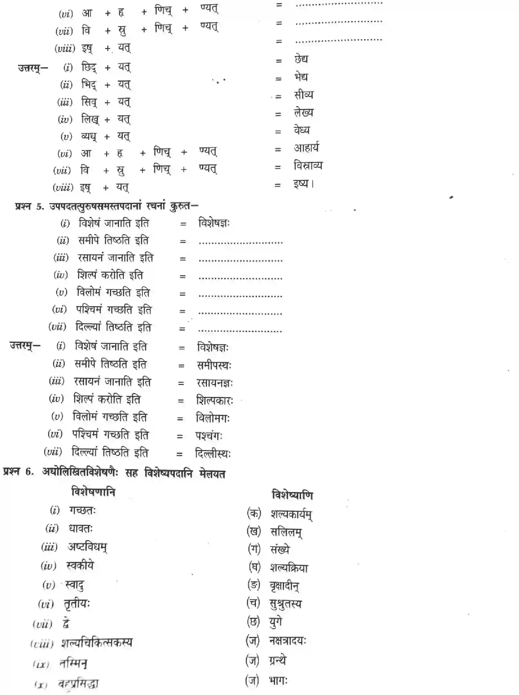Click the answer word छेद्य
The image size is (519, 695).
tap(301, 59)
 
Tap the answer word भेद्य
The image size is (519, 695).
tap(301, 77)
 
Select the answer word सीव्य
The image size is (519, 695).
tap(303, 95)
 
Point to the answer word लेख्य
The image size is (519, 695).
tap(303, 113)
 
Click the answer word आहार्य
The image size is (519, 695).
tap(306, 148)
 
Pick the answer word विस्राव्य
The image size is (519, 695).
tap(308, 166)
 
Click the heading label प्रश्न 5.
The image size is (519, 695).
tap(29, 206)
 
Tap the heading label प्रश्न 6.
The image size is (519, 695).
tap(19, 472)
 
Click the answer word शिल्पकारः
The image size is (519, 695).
tap(215, 401)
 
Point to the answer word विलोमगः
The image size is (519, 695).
tap(213, 418)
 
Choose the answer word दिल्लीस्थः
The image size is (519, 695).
tap(213, 454)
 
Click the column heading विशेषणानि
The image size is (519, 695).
tap(93, 492)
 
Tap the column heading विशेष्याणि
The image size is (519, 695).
tap(292, 495)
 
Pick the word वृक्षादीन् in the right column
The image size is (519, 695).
tap(284, 586)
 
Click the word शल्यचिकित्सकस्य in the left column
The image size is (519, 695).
tap(97, 643)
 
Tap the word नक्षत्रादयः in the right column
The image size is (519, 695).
tap(288, 640)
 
